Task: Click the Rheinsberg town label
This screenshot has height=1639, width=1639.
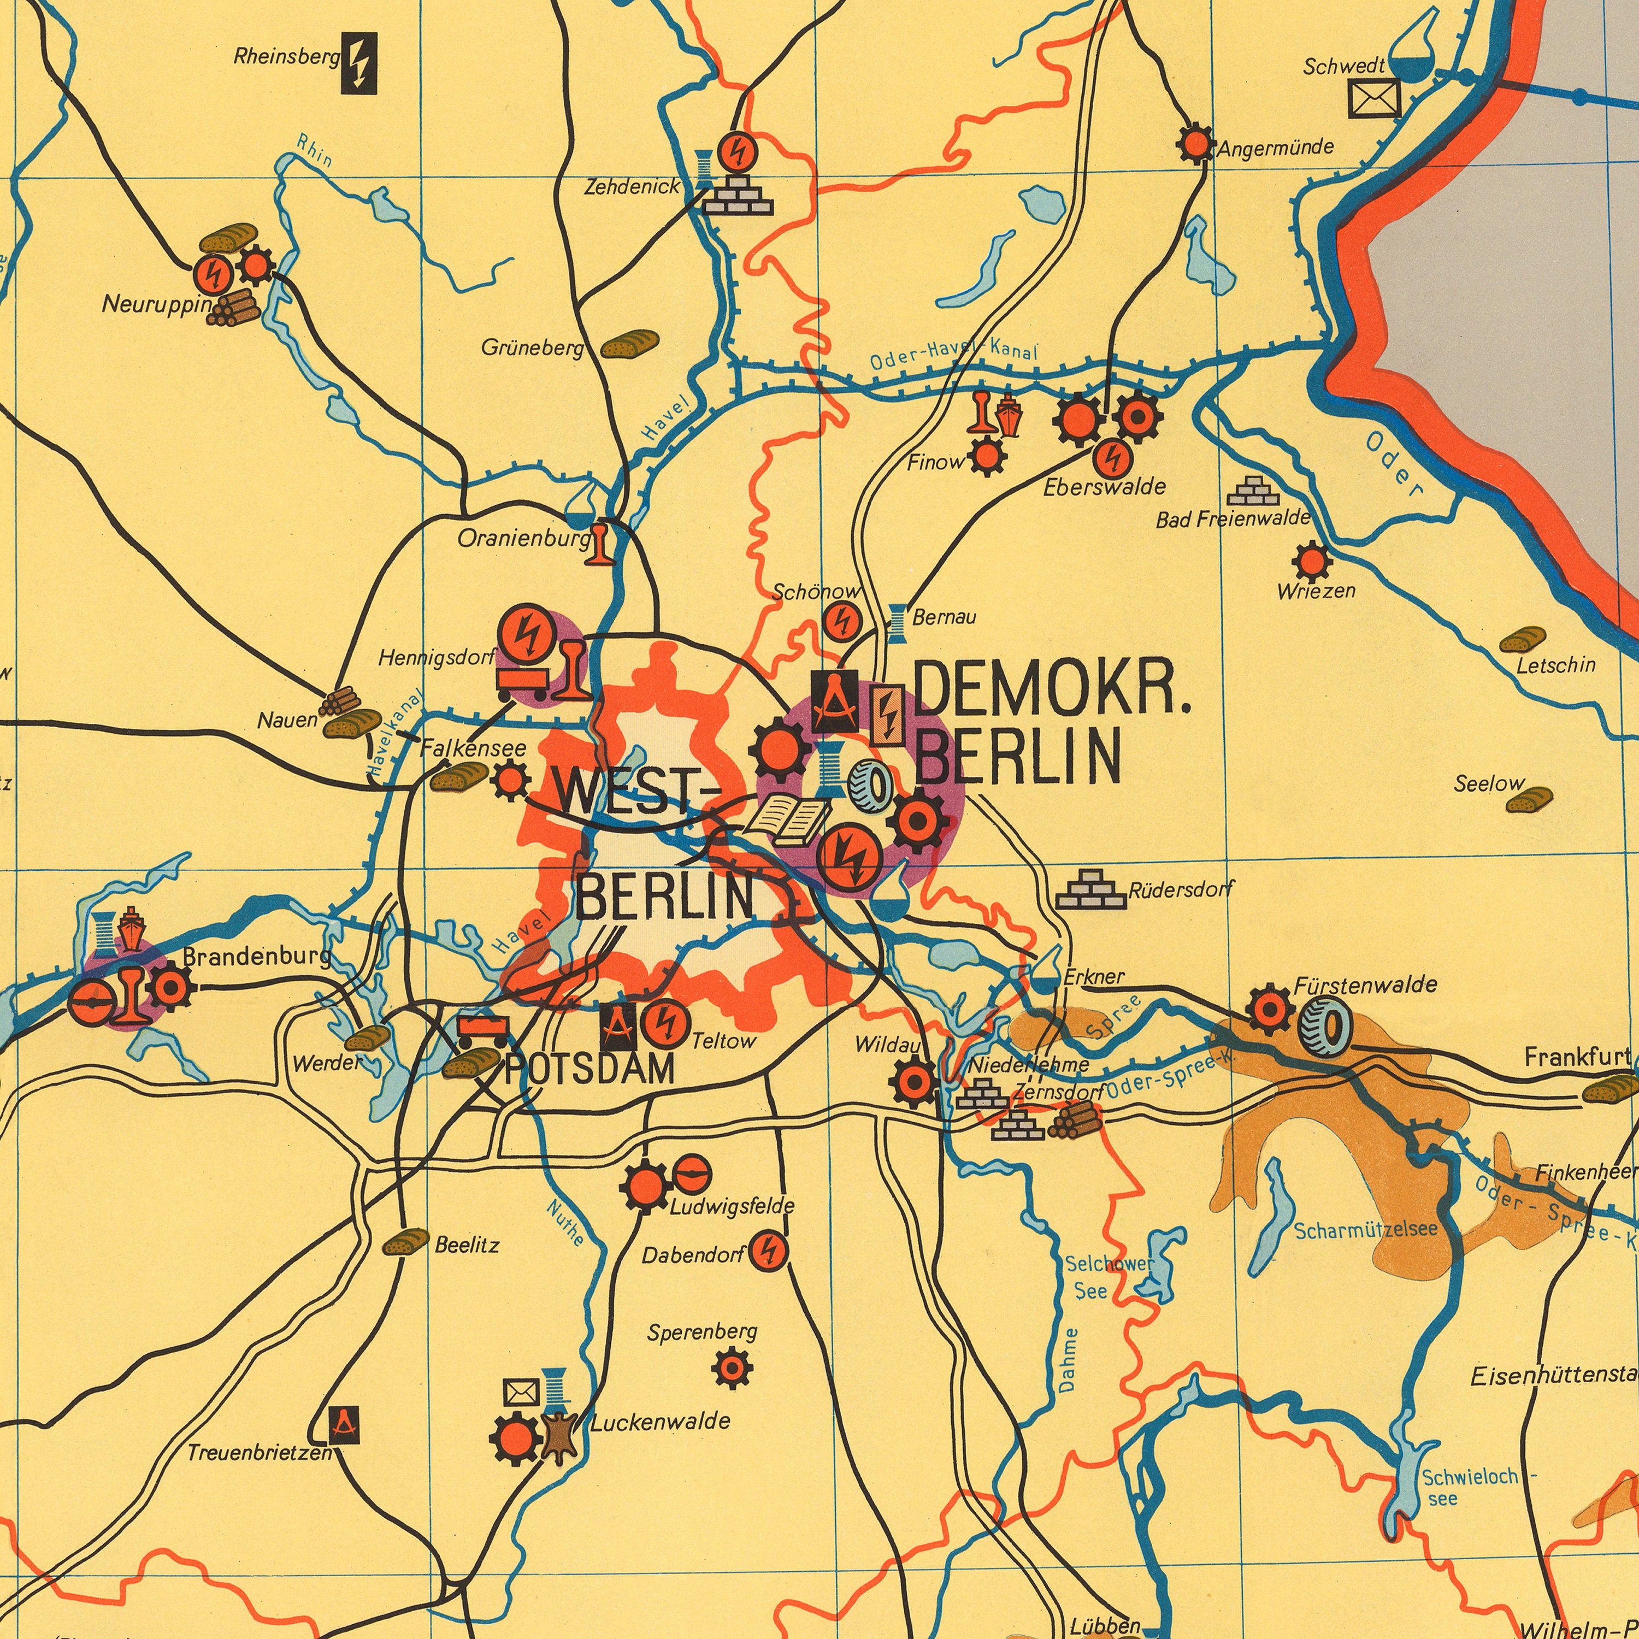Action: [287, 58]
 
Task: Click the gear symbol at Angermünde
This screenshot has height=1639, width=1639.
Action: [1196, 145]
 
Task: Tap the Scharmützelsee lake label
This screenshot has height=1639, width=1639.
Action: [1366, 1229]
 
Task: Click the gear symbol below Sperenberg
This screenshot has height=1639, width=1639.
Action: [732, 1369]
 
